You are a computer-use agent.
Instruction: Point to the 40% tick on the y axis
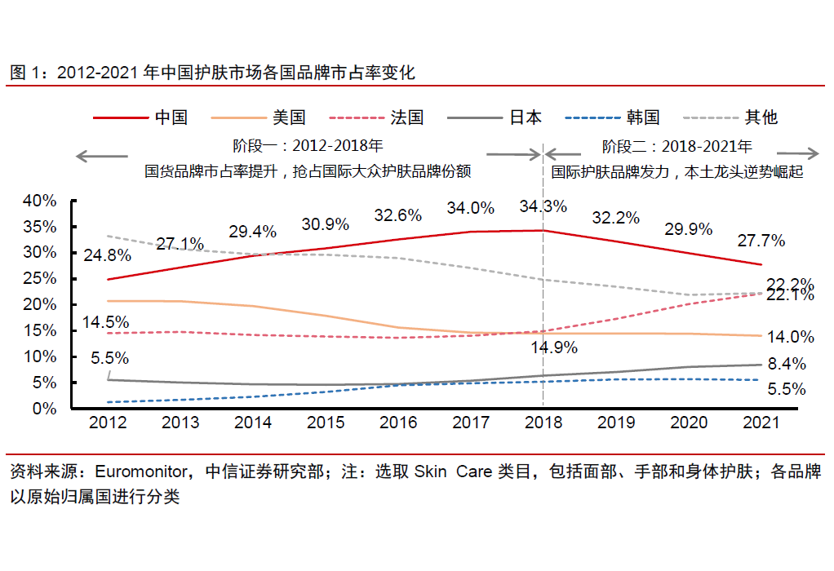click(40, 200)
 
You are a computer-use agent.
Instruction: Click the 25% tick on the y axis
click(40, 278)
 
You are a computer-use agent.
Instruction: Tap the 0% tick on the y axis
click(45, 408)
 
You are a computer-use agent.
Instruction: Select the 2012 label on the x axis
click(108, 423)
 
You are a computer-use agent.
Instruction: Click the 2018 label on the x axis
click(543, 423)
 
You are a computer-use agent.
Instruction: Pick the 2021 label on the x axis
click(761, 423)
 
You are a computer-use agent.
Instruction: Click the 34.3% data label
click(543, 206)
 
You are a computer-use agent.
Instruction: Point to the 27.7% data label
click(761, 241)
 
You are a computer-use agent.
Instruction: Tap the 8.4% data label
click(787, 364)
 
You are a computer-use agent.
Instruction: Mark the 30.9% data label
click(325, 224)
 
